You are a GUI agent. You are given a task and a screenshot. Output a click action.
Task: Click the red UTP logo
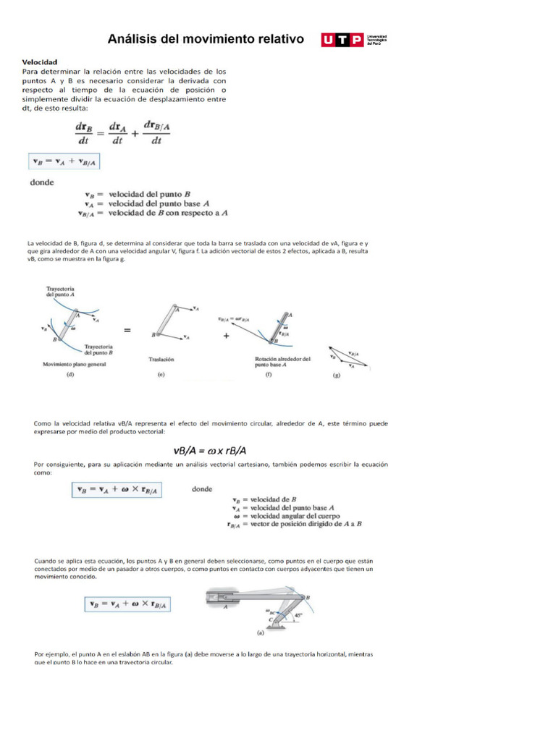tap(342, 40)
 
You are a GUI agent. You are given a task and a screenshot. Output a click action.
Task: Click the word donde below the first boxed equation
tap(42, 182)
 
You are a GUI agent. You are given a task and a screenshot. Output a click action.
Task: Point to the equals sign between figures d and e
tap(127, 330)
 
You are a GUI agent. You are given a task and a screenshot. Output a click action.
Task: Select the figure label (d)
tap(70, 376)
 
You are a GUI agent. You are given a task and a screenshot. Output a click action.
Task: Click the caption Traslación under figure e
tap(161, 359)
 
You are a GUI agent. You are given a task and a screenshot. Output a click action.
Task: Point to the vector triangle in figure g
tap(347, 356)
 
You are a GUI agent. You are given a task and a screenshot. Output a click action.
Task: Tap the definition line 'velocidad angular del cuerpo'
tap(290, 516)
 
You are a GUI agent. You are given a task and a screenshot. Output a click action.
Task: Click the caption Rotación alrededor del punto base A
tap(282, 361)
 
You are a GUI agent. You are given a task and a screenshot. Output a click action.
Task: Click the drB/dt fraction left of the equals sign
tap(85, 133)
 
